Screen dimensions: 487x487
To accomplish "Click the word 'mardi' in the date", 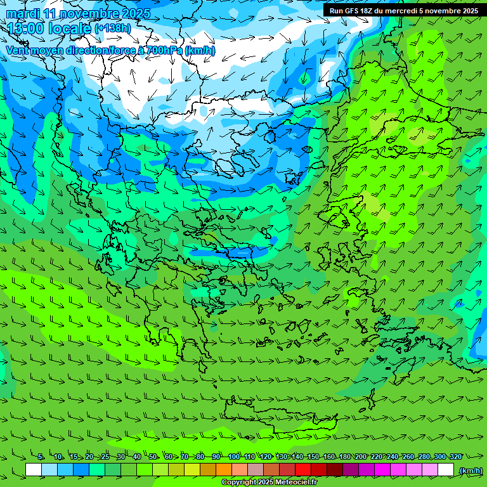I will (23, 13).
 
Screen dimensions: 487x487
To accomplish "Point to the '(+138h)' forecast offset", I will (113, 29).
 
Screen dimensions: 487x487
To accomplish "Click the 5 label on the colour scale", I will (41, 457).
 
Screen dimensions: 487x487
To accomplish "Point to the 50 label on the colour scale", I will (153, 457).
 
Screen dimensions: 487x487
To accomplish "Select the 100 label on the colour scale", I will (233, 457).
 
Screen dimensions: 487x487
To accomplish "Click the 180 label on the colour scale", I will (345, 457).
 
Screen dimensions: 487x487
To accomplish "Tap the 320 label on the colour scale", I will (456, 457).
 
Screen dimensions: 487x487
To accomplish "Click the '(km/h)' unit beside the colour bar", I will (470, 471).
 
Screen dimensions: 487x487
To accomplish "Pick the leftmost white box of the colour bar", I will (34, 470).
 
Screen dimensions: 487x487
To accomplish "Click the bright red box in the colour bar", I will (303, 470).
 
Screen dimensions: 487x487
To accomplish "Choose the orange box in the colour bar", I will (224, 470).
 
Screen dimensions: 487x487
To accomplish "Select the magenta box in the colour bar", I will (382, 470).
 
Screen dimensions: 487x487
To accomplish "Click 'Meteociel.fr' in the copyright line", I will (292, 483).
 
